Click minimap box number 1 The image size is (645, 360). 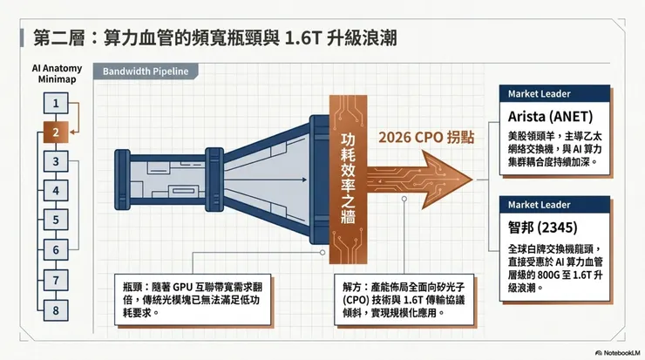(56, 103)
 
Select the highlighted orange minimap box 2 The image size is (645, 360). (56, 132)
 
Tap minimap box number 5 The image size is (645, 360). (56, 220)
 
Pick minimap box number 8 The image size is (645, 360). (56, 310)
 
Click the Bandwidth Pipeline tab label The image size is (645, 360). (146, 71)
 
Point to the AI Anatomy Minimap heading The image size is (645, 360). (57, 73)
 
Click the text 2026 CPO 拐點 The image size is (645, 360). (426, 137)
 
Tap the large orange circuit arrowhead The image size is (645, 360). (446, 180)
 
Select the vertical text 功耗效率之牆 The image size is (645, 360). (348, 179)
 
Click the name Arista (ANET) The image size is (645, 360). (550, 117)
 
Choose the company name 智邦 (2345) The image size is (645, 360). (542, 228)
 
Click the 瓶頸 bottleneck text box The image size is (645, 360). (193, 300)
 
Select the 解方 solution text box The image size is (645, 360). (404, 300)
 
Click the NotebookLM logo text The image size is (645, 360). (618, 353)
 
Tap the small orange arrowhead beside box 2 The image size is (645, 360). (73, 132)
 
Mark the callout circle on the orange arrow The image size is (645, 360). (404, 199)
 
